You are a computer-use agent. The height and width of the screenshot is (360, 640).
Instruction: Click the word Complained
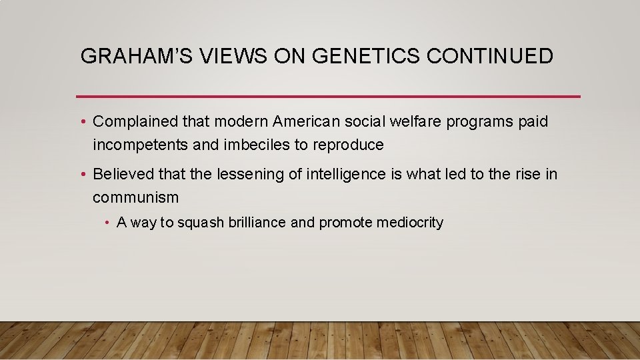pyautogui.click(x=136, y=122)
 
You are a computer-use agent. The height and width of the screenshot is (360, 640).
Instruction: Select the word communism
pyautogui.click(x=136, y=197)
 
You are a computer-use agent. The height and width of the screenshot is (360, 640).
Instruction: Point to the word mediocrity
pyautogui.click(x=409, y=223)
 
